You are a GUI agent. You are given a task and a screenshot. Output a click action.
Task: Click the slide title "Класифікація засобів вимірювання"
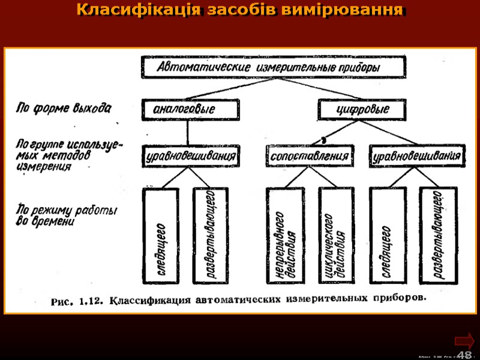point(240,11)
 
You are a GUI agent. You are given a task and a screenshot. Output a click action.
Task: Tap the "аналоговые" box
point(185,110)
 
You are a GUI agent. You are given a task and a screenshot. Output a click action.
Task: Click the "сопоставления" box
point(309,157)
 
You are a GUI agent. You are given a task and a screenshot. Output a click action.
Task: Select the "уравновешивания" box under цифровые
point(418,157)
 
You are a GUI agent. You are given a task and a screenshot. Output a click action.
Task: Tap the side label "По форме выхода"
point(63,109)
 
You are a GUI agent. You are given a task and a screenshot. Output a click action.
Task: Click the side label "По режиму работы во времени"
point(65,215)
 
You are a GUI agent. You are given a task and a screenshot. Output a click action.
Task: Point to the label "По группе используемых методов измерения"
point(67,155)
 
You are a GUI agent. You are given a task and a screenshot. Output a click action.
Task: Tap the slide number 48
point(464,354)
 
